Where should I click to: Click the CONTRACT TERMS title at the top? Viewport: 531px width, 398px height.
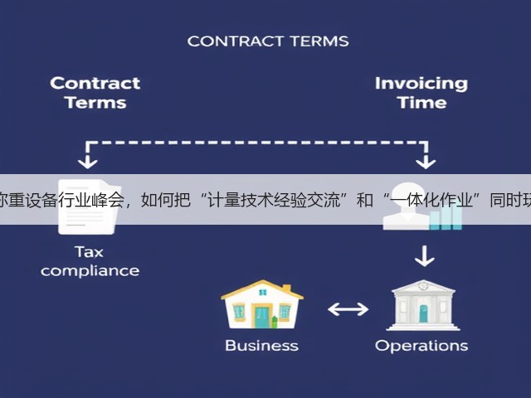coord(268,41)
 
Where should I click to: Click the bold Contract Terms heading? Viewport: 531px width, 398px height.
coord(95,93)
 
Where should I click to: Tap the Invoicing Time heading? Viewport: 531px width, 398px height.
coord(421,93)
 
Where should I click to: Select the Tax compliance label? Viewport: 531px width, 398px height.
coord(90,261)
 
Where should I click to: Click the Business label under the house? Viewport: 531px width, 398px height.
coord(262,346)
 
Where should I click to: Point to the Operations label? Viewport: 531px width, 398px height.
coord(421,346)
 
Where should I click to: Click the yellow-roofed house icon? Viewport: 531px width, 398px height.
coord(262,304)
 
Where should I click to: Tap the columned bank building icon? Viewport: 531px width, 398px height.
coord(423,305)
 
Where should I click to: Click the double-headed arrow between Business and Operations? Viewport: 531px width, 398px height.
coord(348,309)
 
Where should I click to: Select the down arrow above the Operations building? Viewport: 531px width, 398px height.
coord(424,256)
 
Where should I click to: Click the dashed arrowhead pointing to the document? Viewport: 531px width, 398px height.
coord(88,162)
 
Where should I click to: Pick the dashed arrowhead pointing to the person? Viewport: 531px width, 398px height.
coord(426,162)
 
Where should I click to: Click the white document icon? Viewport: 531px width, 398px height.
coord(89,206)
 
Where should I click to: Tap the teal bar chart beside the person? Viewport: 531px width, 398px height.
coord(446,217)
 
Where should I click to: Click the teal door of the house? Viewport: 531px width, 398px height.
coord(262,318)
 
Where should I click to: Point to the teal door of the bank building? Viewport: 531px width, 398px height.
coord(423,313)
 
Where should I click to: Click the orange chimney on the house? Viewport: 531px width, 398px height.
coord(286,288)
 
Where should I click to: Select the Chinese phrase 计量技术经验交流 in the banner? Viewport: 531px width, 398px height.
coord(274,200)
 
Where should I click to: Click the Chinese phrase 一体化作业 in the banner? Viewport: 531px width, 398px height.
coord(431,200)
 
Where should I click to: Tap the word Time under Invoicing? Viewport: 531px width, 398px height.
coord(422,102)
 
